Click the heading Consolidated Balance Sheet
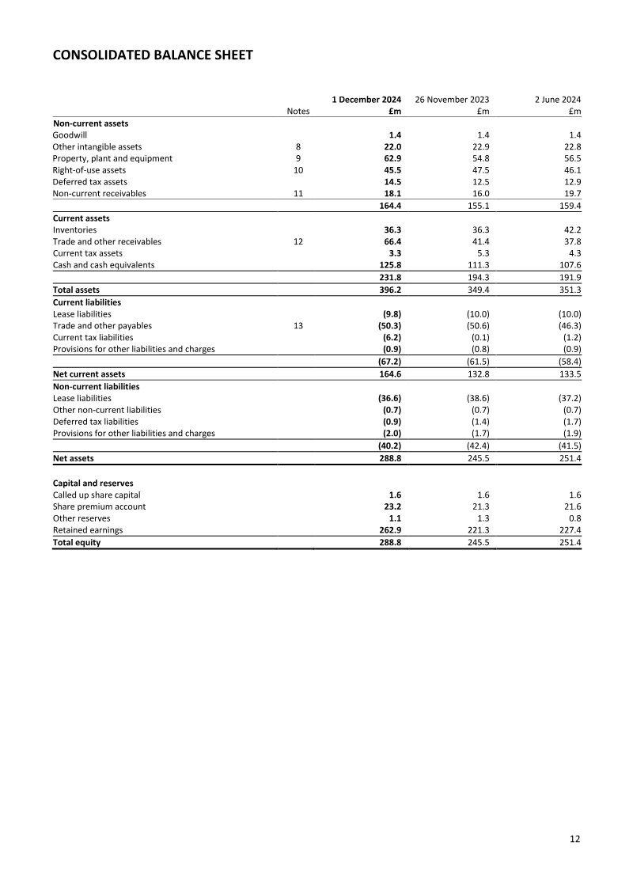click(x=153, y=55)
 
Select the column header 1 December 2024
click(x=366, y=100)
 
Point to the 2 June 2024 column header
click(x=558, y=100)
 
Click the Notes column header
click(x=298, y=112)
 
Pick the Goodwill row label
click(x=70, y=135)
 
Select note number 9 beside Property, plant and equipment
click(x=298, y=158)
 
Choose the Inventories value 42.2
click(x=570, y=229)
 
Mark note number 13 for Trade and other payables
click(x=298, y=325)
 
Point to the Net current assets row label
click(x=89, y=374)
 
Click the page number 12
click(x=575, y=840)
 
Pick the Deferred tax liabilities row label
click(x=95, y=422)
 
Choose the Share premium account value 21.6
click(x=570, y=506)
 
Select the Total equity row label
click(x=76, y=543)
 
